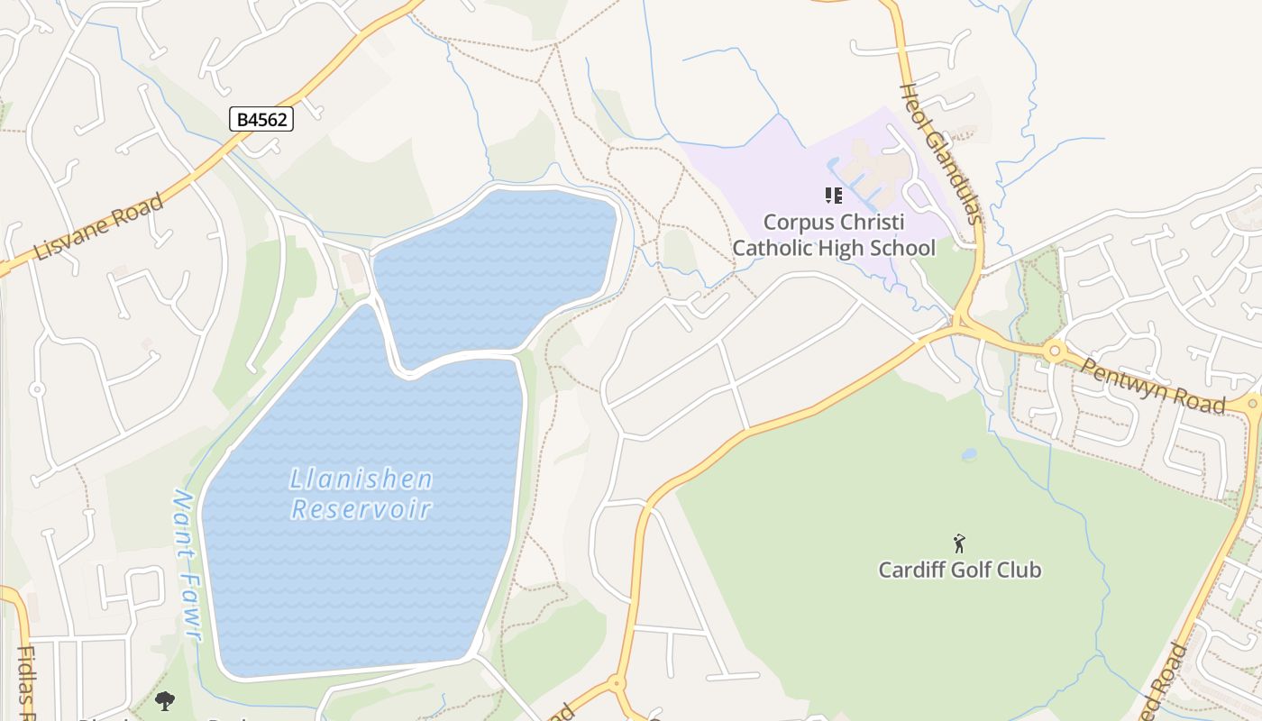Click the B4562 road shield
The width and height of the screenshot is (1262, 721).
[x=261, y=118]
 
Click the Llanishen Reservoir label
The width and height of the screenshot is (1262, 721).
[x=361, y=493]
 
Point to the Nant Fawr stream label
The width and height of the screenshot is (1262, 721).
[x=186, y=565]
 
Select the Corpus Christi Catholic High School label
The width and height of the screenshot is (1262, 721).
[x=834, y=234]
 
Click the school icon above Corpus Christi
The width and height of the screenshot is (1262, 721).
[x=834, y=195]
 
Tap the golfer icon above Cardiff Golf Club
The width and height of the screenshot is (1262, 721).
[x=959, y=543]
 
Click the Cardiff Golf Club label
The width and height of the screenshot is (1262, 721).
[x=960, y=570]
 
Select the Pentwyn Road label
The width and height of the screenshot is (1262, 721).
[x=1154, y=385]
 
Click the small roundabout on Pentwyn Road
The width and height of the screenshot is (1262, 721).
[x=1055, y=351]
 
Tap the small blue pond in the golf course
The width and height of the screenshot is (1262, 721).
[x=969, y=455]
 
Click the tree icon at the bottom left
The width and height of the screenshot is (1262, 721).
[x=165, y=700]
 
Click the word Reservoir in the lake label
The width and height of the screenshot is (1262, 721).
[x=361, y=508]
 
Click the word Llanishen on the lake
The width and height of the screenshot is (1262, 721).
[x=361, y=479]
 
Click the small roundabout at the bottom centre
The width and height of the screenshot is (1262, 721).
[x=617, y=684]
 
